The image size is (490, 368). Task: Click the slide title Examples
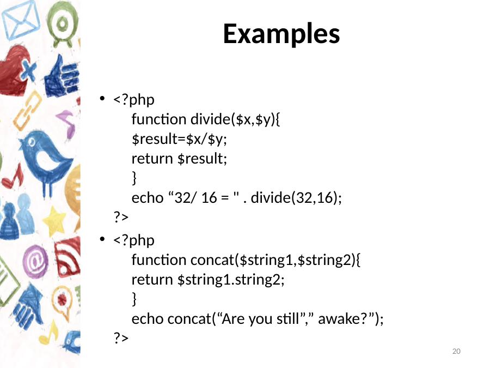point(281,34)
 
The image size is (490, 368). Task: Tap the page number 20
point(456,351)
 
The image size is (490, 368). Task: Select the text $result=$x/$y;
point(179,139)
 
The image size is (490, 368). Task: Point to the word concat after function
point(212,260)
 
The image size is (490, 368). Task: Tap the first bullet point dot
point(102,99)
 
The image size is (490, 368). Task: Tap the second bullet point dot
point(102,239)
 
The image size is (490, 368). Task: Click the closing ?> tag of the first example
point(121,216)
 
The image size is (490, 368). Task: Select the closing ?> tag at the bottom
point(121,337)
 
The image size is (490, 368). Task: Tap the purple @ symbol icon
point(35,262)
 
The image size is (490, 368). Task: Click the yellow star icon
point(54,221)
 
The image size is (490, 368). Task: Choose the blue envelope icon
point(21,20)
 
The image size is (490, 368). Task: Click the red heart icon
point(15,70)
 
